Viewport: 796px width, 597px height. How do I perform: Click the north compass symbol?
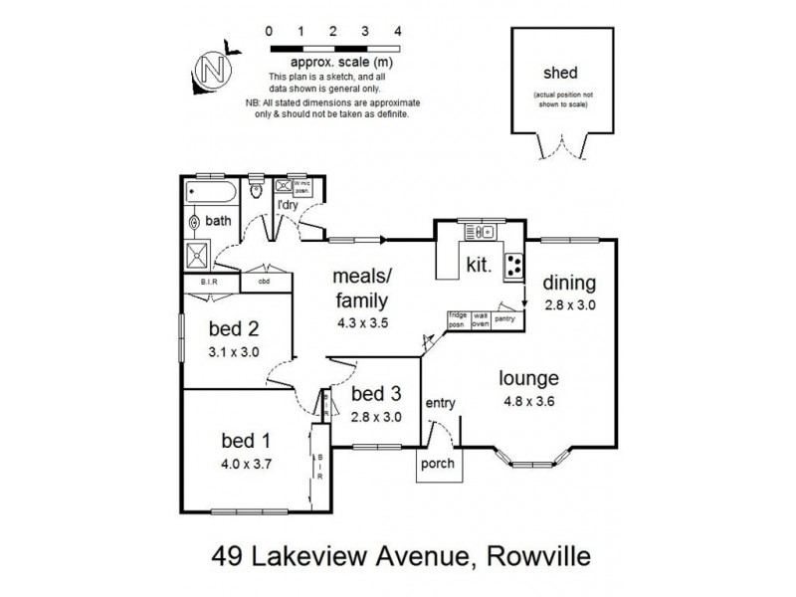[212, 70]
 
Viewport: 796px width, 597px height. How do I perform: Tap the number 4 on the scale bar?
[398, 32]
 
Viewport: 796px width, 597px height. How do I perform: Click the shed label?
[560, 73]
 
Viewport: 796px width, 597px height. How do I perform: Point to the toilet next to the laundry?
[257, 190]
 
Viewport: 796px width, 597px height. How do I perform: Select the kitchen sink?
[480, 233]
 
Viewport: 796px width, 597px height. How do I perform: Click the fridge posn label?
[458, 320]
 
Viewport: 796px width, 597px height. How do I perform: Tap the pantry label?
[505, 318]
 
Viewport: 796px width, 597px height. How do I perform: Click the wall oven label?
[480, 320]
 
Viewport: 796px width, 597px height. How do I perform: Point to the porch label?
[438, 464]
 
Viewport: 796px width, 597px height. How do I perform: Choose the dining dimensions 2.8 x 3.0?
[569, 305]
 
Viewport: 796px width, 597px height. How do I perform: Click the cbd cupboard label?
[264, 282]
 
